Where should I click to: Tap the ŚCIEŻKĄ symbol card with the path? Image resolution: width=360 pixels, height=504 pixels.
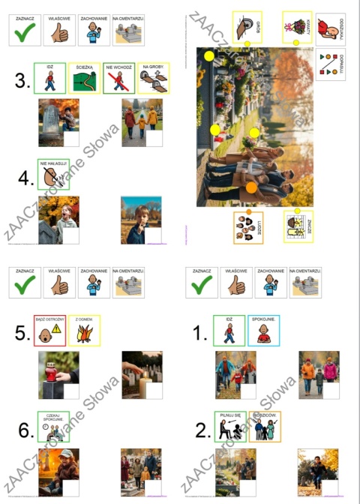pos(84,78)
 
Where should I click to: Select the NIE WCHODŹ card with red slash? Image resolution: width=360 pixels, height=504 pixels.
pos(118,78)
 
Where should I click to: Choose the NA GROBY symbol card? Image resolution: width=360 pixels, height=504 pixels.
pos(153,78)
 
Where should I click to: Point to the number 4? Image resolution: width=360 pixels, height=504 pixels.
pos(25,178)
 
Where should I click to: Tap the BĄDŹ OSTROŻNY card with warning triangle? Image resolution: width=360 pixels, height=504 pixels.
pos(49,331)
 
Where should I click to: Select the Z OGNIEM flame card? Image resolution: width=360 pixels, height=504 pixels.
pos(84,331)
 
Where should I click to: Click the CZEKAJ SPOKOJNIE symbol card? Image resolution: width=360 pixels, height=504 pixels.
pos(53,427)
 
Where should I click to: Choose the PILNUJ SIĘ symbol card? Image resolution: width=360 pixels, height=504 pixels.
pos(229,426)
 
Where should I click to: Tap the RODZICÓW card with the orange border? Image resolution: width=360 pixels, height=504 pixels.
pos(264,426)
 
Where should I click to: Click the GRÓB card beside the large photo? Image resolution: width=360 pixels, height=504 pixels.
pos(247,27)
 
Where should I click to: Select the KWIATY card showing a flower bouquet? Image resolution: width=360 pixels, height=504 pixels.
pos(297,27)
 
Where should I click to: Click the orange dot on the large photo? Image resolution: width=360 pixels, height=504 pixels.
pos(251,187)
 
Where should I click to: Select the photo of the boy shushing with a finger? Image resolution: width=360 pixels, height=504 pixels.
pos(141,220)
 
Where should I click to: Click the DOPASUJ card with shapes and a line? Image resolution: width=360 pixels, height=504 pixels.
pos(330,62)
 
